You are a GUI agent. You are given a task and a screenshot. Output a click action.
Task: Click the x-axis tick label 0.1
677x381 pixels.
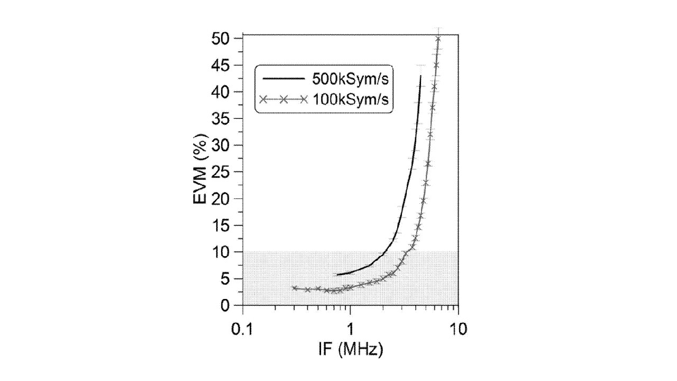[x=242, y=329]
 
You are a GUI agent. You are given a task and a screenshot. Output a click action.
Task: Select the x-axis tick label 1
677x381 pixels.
[x=350, y=329]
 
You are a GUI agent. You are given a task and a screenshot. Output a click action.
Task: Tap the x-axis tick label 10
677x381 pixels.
[x=458, y=329]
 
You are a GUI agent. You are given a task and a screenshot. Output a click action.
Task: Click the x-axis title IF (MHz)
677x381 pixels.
[x=351, y=350]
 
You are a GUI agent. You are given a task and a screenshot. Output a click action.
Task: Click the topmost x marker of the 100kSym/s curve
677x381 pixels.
[x=438, y=39]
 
